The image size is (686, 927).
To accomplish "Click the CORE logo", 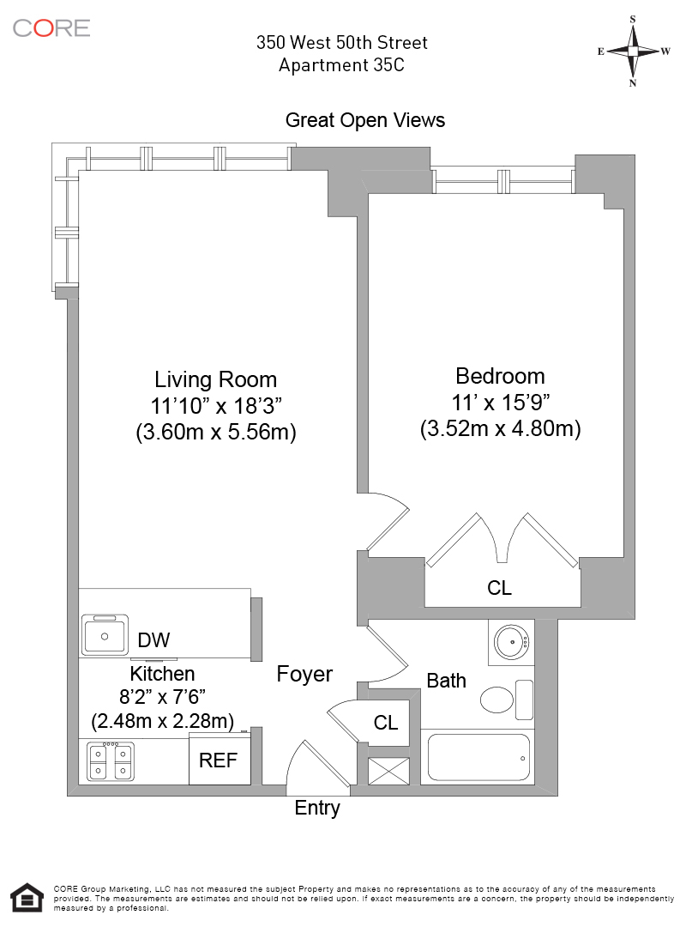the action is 51,27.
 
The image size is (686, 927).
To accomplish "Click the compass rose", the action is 633,51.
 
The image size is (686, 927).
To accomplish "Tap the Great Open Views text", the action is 365,120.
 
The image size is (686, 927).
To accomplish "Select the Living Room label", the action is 216,379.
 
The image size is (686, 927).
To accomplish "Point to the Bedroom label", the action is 500,376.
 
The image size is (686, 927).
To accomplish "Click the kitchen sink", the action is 105,635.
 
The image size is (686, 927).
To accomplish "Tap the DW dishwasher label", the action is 153,639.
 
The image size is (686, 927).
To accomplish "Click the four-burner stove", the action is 110,761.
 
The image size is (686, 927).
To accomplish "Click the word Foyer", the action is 304,674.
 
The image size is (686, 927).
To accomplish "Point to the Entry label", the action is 317,809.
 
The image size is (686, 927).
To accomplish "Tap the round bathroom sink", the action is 511,642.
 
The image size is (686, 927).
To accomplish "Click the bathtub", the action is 478,757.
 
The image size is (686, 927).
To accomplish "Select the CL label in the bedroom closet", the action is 499,588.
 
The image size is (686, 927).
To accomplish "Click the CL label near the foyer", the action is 386,723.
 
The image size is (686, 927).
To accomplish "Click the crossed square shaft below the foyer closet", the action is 388,771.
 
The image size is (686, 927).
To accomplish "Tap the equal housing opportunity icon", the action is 27,898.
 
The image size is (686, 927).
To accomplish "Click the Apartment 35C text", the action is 341,65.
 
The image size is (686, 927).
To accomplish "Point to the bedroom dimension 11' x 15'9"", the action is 501,403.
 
